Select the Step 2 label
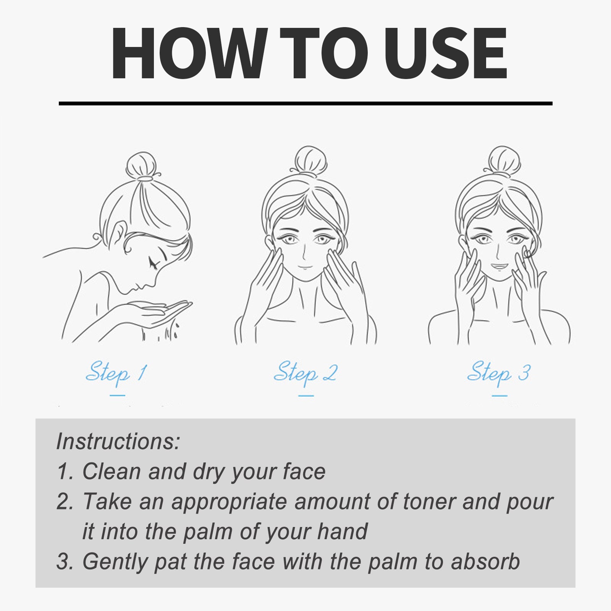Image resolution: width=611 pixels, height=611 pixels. tap(305, 372)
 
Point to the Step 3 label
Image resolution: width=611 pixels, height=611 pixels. tap(499, 372)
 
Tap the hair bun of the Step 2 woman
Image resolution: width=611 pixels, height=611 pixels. tap(311, 160)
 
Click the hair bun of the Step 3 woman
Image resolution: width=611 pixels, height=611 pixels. tap(504, 160)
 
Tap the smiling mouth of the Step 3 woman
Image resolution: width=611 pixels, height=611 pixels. tap(499, 266)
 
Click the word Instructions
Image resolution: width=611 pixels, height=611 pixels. tap(118, 441)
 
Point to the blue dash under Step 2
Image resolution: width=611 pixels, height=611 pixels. tap(305, 396)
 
